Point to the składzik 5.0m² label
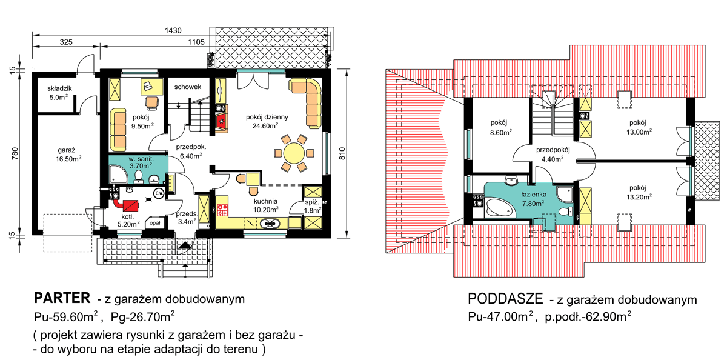[60, 93]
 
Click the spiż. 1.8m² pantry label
[313, 207]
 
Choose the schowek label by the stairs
[187, 87]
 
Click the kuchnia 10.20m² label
[265, 205]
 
